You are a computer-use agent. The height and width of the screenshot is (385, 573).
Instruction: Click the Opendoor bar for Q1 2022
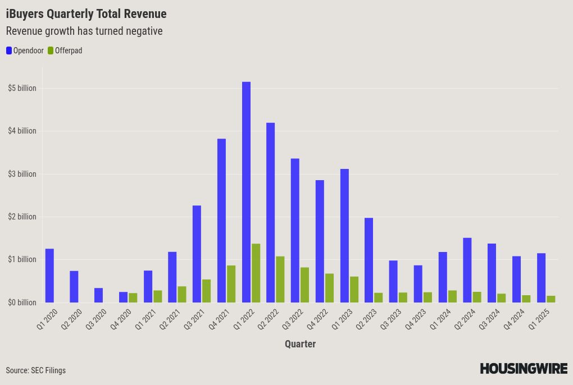pyautogui.click(x=246, y=192)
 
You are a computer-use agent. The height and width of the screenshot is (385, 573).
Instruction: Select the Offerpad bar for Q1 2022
pyautogui.click(x=256, y=273)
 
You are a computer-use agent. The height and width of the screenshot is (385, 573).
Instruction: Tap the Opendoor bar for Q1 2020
pyautogui.click(x=49, y=276)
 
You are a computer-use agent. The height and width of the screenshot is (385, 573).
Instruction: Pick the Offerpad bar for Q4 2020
pyautogui.click(x=133, y=298)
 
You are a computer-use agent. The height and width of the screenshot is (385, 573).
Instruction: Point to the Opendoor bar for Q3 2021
pyautogui.click(x=197, y=254)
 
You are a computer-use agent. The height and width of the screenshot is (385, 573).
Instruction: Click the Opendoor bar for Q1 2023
pyautogui.click(x=344, y=236)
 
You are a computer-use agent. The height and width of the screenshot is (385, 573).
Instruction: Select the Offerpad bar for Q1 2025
pyautogui.click(x=551, y=299)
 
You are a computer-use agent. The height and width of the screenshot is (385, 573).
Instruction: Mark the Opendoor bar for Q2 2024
pyautogui.click(x=467, y=270)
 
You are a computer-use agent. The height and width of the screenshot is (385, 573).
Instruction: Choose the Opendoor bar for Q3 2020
pyautogui.click(x=99, y=295)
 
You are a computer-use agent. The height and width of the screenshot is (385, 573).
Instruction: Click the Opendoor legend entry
pyautogui.click(x=25, y=51)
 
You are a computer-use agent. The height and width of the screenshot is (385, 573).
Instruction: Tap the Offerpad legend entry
pyautogui.click(x=65, y=51)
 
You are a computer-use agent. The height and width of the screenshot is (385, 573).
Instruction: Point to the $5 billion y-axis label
pyautogui.click(x=22, y=88)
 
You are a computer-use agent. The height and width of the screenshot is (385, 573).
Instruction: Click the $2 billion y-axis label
pyautogui.click(x=22, y=217)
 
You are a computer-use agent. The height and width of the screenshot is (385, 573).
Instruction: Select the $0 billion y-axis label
pyautogui.click(x=22, y=302)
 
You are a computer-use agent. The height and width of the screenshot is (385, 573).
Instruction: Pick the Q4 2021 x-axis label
pyautogui.click(x=219, y=319)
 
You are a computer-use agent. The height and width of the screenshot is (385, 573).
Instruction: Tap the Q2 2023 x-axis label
pyautogui.click(x=366, y=319)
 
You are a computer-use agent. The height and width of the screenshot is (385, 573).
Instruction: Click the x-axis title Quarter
pyautogui.click(x=301, y=344)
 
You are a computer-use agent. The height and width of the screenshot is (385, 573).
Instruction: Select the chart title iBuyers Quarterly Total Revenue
pyautogui.click(x=87, y=14)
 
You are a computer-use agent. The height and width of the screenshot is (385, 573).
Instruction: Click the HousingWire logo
pyautogui.click(x=524, y=369)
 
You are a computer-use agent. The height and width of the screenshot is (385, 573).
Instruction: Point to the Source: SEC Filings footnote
pyautogui.click(x=36, y=370)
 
